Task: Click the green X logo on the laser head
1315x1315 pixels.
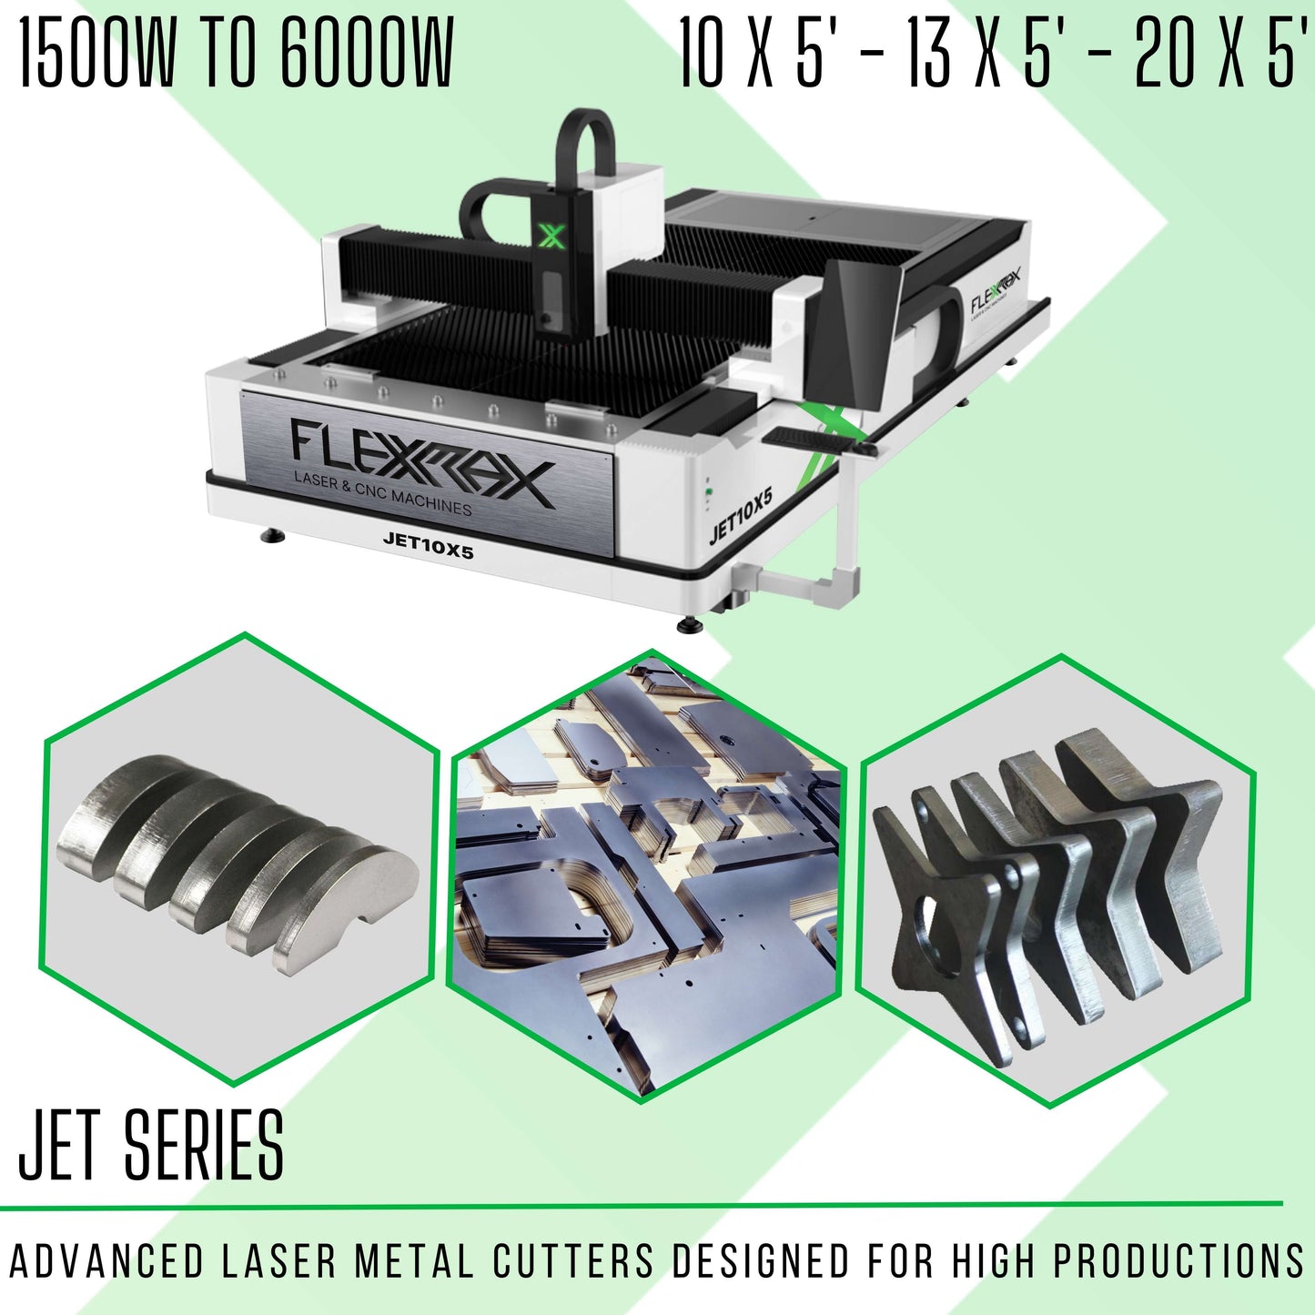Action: point(551,236)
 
